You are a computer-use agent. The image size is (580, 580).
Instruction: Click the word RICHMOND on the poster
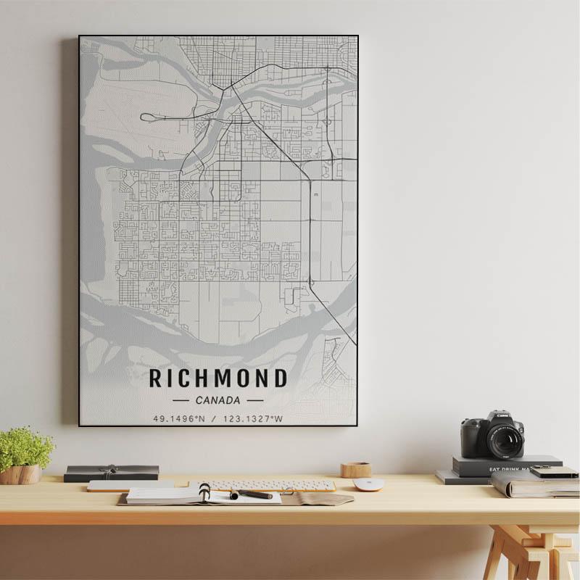point(218,378)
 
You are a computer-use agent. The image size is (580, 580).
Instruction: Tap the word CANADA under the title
point(217,399)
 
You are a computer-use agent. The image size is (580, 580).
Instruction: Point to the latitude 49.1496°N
point(179,418)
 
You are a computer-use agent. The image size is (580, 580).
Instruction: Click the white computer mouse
point(368,484)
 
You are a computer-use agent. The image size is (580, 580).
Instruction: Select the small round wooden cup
point(356,470)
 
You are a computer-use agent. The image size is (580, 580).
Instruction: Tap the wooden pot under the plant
point(21,474)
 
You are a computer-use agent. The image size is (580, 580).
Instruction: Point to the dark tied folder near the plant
point(111,473)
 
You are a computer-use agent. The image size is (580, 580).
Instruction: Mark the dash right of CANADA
point(255,399)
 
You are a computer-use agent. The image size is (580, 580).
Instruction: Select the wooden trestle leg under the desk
point(507,555)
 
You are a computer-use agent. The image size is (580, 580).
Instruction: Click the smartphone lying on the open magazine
point(554,473)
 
